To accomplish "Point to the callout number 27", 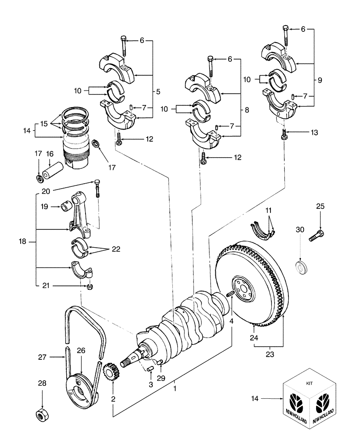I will click(x=42, y=357).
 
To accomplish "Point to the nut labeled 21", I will click(x=90, y=286).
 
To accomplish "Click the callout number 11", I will click(x=268, y=210).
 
